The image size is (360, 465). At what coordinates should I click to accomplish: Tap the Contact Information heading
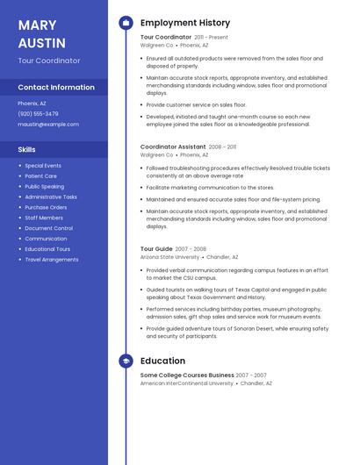pyautogui.click(x=56, y=87)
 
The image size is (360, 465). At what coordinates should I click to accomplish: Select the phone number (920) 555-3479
pyautogui.click(x=38, y=114)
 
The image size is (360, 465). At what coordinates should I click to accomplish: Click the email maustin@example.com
pyautogui.click(x=48, y=125)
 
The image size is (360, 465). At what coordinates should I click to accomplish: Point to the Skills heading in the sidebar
pyautogui.click(x=27, y=149)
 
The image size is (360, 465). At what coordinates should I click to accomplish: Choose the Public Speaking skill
pyautogui.click(x=44, y=186)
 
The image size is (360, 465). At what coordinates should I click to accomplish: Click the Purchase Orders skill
pyautogui.click(x=46, y=207)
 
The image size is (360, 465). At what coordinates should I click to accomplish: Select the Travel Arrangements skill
pyautogui.click(x=51, y=260)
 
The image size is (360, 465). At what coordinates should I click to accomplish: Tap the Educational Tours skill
pyautogui.click(x=47, y=249)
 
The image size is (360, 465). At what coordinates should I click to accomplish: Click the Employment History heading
pyautogui.click(x=185, y=23)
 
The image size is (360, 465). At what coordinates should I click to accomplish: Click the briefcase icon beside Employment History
pyautogui.click(x=126, y=23)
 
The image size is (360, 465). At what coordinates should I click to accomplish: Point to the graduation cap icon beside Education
pyautogui.click(x=126, y=361)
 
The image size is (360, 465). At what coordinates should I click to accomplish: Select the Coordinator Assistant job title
pyautogui.click(x=173, y=147)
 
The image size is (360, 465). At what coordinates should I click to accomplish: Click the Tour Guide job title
pyautogui.click(x=156, y=249)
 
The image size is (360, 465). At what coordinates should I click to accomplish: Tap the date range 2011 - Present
pyautogui.click(x=211, y=38)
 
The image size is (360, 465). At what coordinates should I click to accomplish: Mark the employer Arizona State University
pyautogui.click(x=169, y=257)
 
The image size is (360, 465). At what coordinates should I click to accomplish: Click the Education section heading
pyautogui.click(x=162, y=361)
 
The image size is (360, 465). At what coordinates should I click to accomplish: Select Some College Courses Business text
pyautogui.click(x=187, y=376)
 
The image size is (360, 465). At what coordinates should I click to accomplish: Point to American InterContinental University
pyautogui.click(x=187, y=383)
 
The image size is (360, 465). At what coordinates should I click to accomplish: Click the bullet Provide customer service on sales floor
pyautogui.click(x=196, y=104)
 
